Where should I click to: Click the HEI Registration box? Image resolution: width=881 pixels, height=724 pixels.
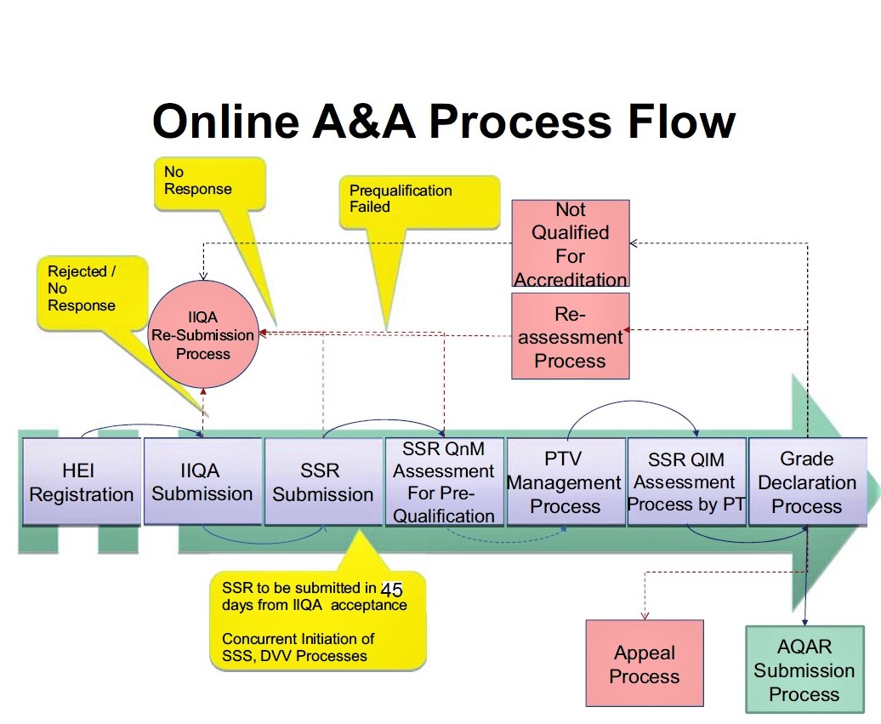[x=82, y=482]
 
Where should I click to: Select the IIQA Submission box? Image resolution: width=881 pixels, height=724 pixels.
[x=203, y=482]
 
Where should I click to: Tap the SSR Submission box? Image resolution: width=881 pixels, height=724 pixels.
[x=323, y=482]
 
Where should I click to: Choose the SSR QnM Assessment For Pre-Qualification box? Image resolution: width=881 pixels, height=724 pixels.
[x=444, y=482]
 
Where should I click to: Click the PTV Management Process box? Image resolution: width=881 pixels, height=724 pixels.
[x=566, y=482]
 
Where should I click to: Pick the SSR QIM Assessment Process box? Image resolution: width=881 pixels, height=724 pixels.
[x=686, y=482]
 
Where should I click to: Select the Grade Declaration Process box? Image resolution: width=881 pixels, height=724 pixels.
[x=807, y=482]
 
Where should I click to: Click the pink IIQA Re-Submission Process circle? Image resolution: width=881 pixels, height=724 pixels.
[x=203, y=334]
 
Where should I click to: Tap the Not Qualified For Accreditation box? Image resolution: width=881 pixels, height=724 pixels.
[x=571, y=243]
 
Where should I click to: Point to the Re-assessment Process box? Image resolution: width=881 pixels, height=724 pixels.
[x=571, y=335]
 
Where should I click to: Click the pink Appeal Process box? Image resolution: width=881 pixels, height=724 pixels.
[x=645, y=664]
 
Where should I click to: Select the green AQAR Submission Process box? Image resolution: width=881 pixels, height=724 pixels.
[x=804, y=670]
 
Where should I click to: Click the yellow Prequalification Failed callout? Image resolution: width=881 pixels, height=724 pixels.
[x=418, y=202]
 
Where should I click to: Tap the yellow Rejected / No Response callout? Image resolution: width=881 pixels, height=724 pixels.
[x=93, y=293]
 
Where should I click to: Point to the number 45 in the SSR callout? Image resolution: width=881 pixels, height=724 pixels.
[x=392, y=590]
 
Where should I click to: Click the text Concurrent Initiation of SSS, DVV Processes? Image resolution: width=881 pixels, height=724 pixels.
[x=298, y=647]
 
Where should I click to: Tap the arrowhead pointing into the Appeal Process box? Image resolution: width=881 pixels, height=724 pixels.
[x=645, y=615]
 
